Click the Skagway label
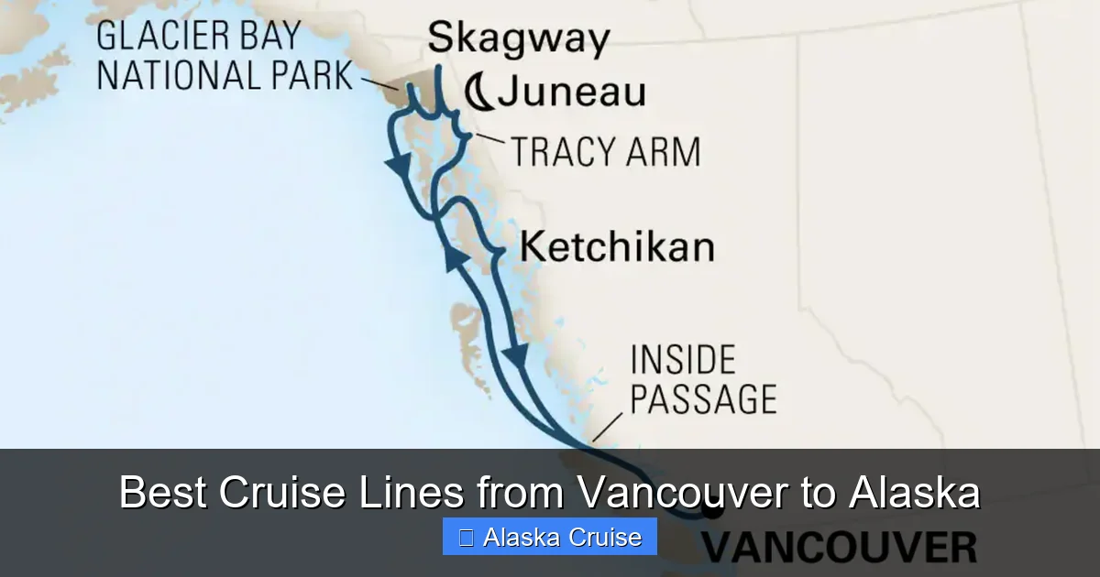point(518,38)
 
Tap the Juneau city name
point(572,92)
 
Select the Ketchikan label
point(616,247)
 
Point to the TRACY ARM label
point(605,151)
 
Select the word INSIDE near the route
point(682,360)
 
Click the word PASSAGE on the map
point(703,399)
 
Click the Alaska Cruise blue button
point(549,537)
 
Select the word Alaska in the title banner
point(914,494)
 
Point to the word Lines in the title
point(412,494)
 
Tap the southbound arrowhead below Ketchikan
point(519,357)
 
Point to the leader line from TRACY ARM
point(489,140)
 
